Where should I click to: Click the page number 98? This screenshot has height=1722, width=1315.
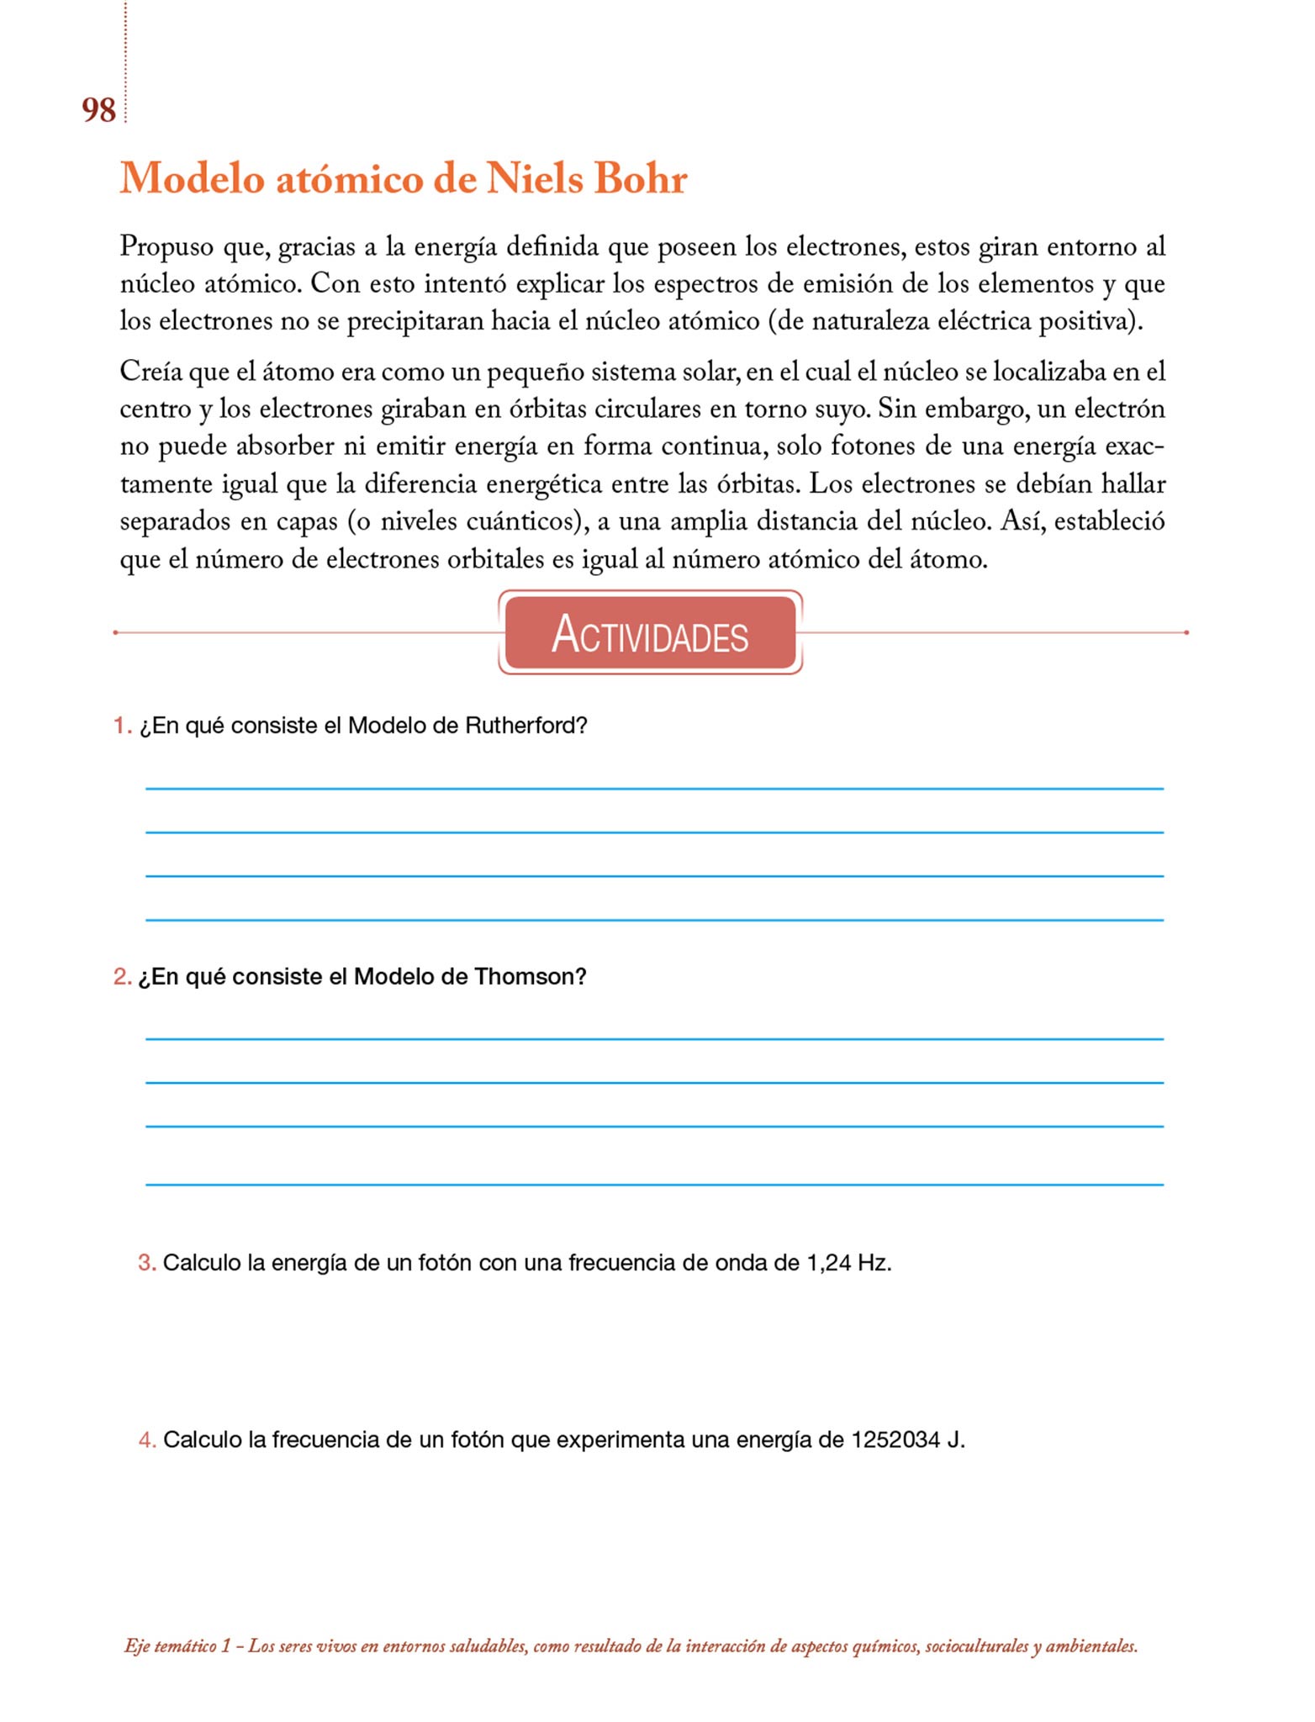[98, 110]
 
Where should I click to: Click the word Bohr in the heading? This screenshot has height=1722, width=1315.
[641, 178]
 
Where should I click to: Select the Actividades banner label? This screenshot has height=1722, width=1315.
[650, 634]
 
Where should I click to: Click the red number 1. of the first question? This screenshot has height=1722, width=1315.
[123, 726]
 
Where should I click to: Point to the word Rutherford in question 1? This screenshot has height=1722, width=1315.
[525, 726]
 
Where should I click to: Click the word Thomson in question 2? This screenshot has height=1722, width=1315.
[530, 976]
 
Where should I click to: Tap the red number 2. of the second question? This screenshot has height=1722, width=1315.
[123, 976]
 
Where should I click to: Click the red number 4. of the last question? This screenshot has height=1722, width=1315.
[147, 1440]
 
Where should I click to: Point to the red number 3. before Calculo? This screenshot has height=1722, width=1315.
[147, 1263]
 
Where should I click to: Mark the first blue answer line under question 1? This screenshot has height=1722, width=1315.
[654, 789]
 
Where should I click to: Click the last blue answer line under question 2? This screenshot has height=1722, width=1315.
[654, 1185]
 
